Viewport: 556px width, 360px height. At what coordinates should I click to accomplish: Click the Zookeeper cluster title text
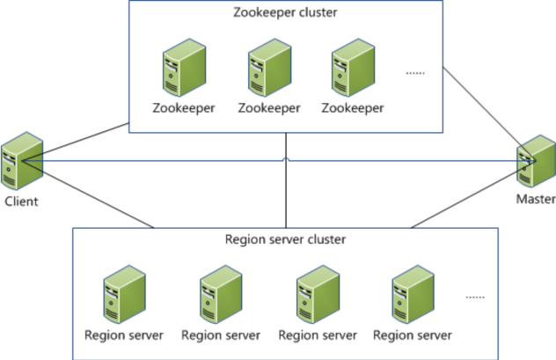pos(286,13)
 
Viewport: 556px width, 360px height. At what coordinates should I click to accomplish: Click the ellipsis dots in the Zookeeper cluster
pos(415,73)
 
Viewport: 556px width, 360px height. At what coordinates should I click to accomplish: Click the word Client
pos(21,201)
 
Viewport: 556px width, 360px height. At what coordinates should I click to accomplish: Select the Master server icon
pos(535,162)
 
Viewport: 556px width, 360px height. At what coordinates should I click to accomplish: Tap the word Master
pos(535,200)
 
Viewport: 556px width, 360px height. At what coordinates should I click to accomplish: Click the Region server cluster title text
pos(286,239)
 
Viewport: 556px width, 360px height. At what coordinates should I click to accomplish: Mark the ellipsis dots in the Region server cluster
pos(475,298)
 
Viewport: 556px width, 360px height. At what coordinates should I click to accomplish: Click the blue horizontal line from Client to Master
pos(176,161)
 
